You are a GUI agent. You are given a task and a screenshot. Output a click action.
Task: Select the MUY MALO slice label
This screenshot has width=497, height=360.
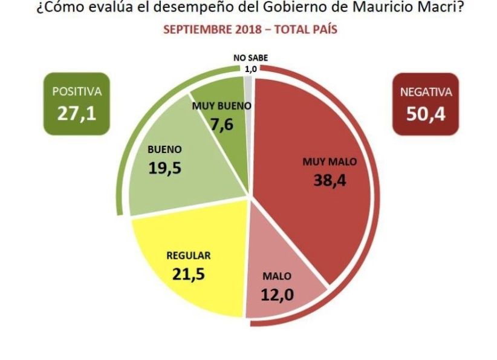pos(330,162)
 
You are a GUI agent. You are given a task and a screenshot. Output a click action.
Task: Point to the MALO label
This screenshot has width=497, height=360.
pos(277,276)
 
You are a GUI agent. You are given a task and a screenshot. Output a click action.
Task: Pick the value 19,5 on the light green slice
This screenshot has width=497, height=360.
pos(165,167)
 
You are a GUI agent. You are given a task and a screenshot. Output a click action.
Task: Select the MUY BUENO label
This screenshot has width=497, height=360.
pos(221,106)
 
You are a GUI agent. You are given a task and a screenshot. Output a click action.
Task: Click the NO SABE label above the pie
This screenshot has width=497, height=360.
pos(250,58)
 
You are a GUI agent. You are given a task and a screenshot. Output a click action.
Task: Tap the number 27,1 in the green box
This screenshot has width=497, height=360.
pos(76,113)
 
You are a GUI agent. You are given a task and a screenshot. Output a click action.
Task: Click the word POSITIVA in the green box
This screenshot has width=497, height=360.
pos(77,93)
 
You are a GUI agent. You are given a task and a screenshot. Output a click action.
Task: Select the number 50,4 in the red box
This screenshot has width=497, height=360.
pos(426,113)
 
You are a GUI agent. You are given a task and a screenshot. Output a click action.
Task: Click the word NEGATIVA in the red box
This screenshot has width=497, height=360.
pos(426,93)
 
